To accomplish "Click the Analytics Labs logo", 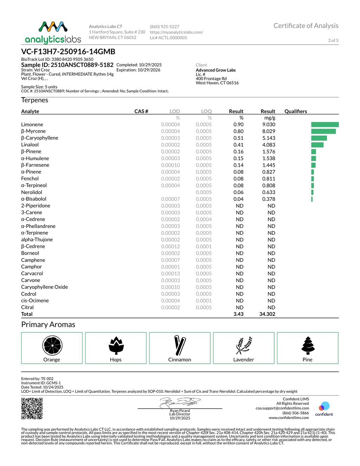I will [x=53, y=32].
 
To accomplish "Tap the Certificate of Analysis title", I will [x=306, y=26].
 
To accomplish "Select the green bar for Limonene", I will [x=325, y=125].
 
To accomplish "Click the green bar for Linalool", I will [x=317, y=145].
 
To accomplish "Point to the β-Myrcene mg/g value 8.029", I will [x=269, y=131].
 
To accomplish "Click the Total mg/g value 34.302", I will [x=267, y=314].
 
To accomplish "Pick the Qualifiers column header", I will [x=296, y=111].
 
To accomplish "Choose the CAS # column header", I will [x=141, y=111].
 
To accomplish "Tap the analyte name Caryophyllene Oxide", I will [x=44, y=287].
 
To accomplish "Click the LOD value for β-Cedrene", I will [x=171, y=247].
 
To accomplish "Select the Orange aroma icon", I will [x=52, y=345].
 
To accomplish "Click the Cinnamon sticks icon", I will [x=180, y=345].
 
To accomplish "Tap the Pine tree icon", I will [x=308, y=345].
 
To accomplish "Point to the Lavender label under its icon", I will [x=244, y=359].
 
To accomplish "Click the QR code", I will [x=32, y=408].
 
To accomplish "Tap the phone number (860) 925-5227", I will [x=165, y=27].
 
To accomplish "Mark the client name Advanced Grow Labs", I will [x=216, y=70].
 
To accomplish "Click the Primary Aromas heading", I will [x=48, y=324].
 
